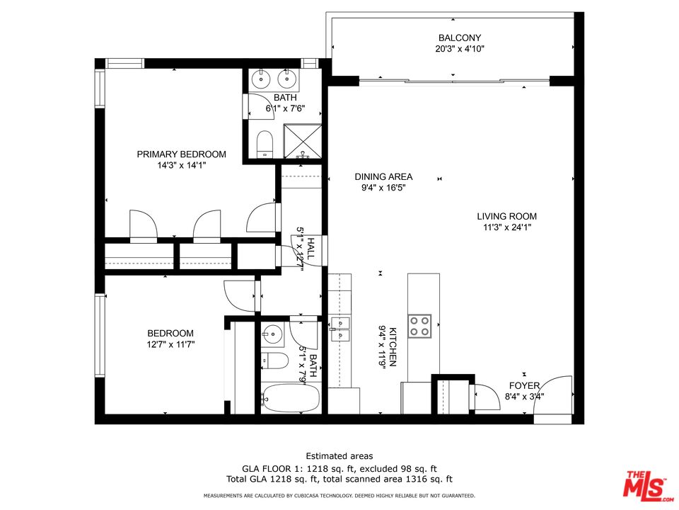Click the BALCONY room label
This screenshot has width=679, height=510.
[x=460, y=38]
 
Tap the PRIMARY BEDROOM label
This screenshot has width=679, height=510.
[x=181, y=154]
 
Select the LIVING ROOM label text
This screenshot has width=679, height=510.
[x=506, y=217]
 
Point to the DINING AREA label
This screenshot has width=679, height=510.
[x=383, y=177]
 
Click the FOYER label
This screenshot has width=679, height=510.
[x=525, y=386]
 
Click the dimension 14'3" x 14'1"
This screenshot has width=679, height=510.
[x=181, y=166]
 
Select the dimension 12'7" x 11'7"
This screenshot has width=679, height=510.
[x=170, y=345]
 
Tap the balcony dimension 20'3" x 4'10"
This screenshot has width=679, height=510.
[x=460, y=50]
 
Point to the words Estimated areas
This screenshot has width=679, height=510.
[x=339, y=456]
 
